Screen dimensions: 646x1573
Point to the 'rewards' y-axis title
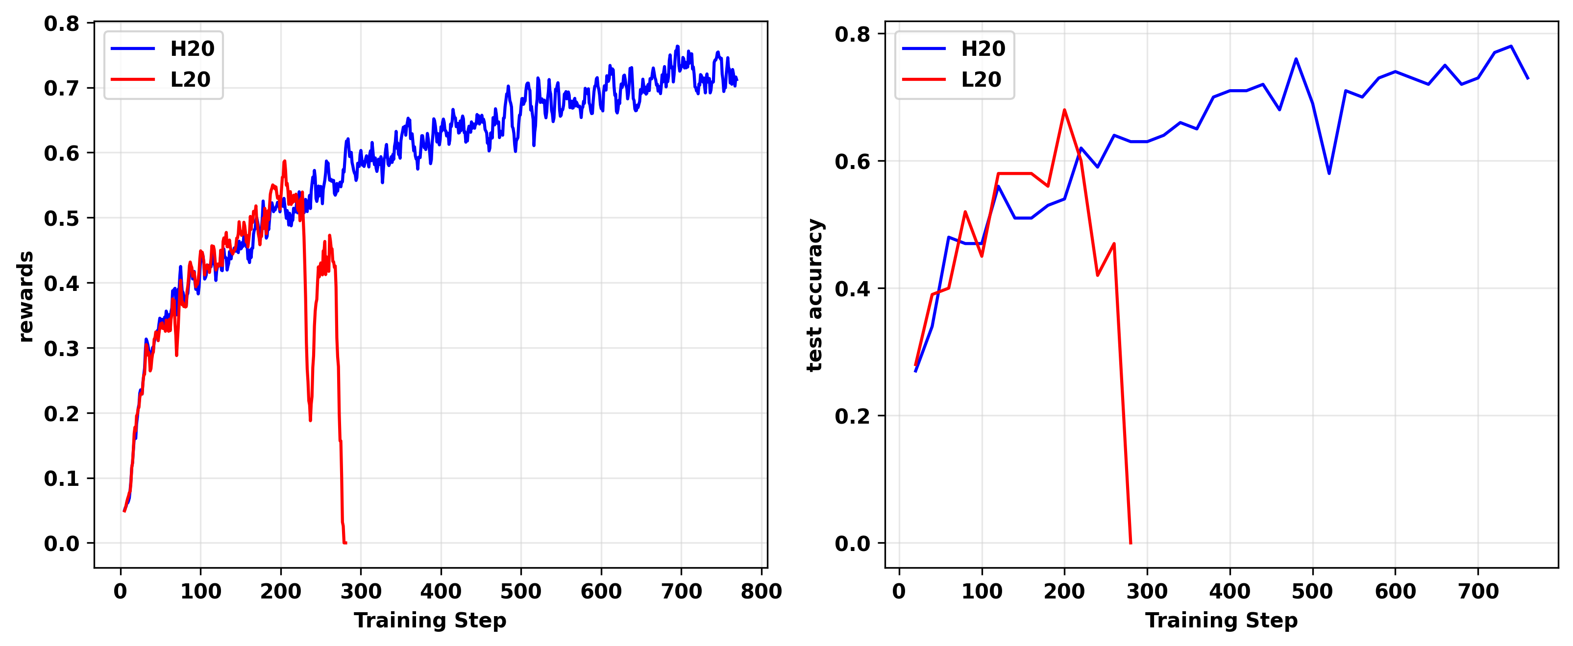[25, 296]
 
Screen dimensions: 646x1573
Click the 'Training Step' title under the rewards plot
[430, 621]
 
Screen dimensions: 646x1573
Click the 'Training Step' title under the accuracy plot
[1221, 621]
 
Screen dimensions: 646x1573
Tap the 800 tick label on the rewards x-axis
[761, 591]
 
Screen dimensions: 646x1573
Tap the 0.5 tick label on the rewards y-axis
[62, 218]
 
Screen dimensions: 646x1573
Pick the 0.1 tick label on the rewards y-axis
[62, 478]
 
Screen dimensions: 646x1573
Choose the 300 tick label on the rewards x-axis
[360, 591]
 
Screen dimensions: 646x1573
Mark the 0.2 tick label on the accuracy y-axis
[853, 416]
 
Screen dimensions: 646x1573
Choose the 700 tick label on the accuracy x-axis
[1478, 591]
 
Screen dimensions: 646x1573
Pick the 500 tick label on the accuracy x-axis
[1312, 591]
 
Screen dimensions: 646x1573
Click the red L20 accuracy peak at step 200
[1064, 110]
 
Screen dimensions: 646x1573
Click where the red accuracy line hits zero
[1131, 543]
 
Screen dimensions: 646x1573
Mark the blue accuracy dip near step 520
[1329, 173]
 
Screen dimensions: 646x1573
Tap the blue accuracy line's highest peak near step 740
[1511, 47]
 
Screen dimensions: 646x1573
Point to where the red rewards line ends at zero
[345, 543]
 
